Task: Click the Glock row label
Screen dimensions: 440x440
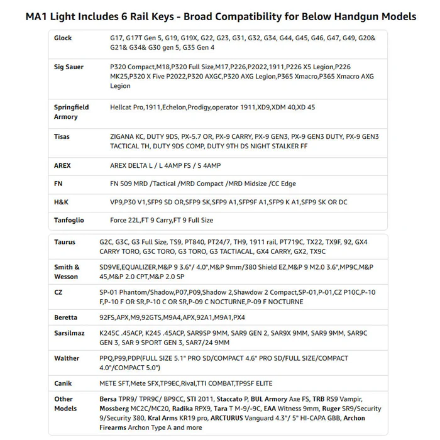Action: [x=63, y=38]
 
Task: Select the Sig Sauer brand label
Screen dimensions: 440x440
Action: [x=69, y=67]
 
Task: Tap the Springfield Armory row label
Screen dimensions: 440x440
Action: [x=71, y=112]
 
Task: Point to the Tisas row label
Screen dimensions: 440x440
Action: [x=62, y=137]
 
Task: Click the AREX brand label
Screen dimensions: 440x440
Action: [x=62, y=166]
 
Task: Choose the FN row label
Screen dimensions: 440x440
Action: [x=58, y=184]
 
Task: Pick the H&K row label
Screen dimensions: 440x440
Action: [x=61, y=202]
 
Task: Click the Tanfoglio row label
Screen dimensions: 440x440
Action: [x=69, y=221]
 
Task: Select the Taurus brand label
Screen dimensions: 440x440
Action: [x=65, y=241]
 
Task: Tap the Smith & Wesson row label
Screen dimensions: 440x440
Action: [x=67, y=272]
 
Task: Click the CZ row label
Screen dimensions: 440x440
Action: [x=58, y=293]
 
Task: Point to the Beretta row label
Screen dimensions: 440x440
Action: [x=66, y=317]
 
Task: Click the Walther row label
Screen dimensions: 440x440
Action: [x=67, y=358]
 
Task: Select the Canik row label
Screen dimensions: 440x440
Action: [x=63, y=383]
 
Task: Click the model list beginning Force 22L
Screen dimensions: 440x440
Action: [x=162, y=221]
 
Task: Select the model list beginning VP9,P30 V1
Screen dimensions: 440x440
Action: [x=228, y=202]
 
